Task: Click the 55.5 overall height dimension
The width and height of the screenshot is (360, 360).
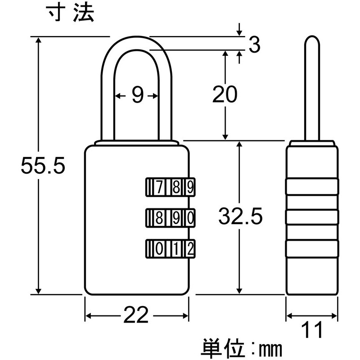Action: [x=44, y=167]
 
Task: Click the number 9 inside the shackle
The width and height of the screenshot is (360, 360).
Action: [x=137, y=95]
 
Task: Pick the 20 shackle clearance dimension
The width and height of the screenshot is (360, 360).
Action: [x=225, y=95]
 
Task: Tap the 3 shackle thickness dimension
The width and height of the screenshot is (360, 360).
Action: [x=255, y=45]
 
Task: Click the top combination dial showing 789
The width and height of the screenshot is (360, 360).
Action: [x=170, y=186]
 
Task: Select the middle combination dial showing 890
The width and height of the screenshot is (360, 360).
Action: [x=170, y=218]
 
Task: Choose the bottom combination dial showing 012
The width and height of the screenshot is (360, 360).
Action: [x=170, y=248]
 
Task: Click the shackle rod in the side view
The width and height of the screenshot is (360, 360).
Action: [x=312, y=90]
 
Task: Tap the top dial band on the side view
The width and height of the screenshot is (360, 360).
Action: [x=312, y=186]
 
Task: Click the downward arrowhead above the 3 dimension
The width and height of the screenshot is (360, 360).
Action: [x=239, y=31]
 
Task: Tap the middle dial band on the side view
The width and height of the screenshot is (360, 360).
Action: [x=312, y=217]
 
